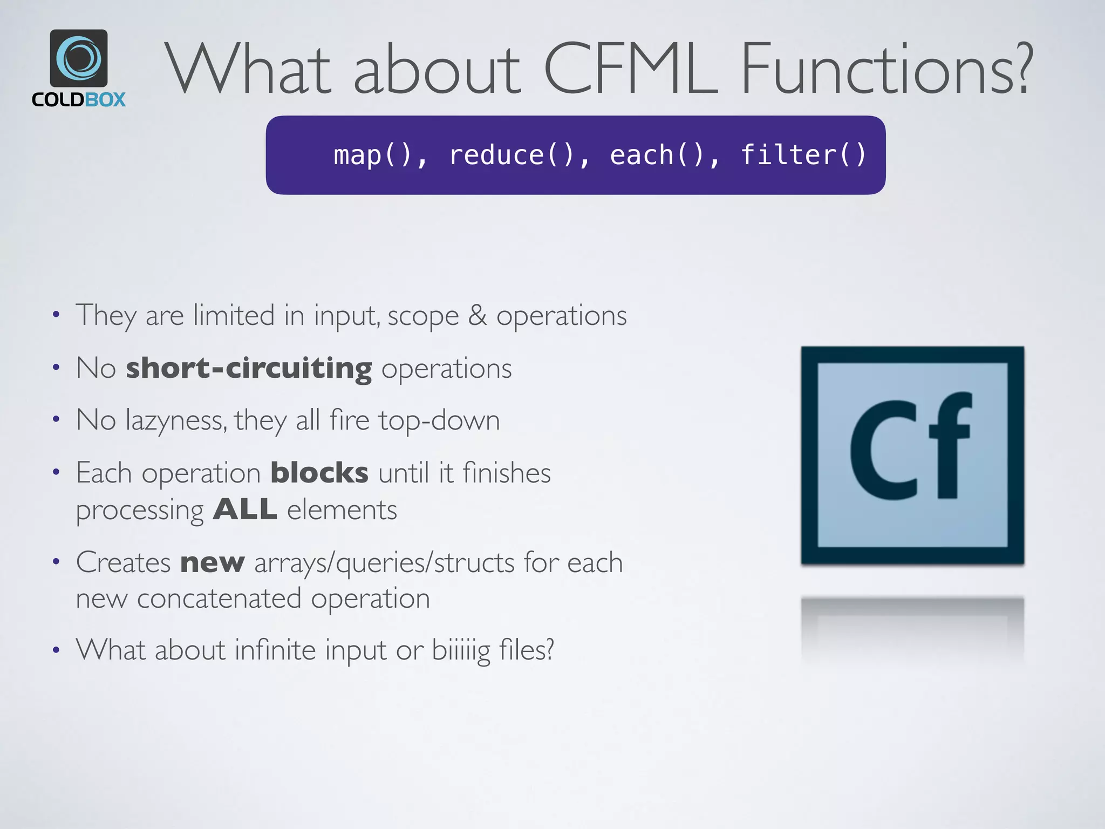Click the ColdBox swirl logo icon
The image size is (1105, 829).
[x=79, y=58]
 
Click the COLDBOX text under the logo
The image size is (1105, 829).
[x=79, y=100]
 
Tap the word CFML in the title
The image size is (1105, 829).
[x=630, y=70]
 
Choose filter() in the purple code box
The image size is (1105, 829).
[x=803, y=155]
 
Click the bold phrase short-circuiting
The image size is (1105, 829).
[x=249, y=368]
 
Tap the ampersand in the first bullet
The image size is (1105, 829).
[x=477, y=315]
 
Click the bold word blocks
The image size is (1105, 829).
[x=319, y=473]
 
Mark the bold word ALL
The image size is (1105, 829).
[x=245, y=509]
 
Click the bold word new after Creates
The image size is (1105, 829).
[x=213, y=562]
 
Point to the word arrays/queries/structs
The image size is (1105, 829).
[x=384, y=563]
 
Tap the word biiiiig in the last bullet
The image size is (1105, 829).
[x=461, y=650]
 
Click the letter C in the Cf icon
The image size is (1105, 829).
[x=884, y=451]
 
